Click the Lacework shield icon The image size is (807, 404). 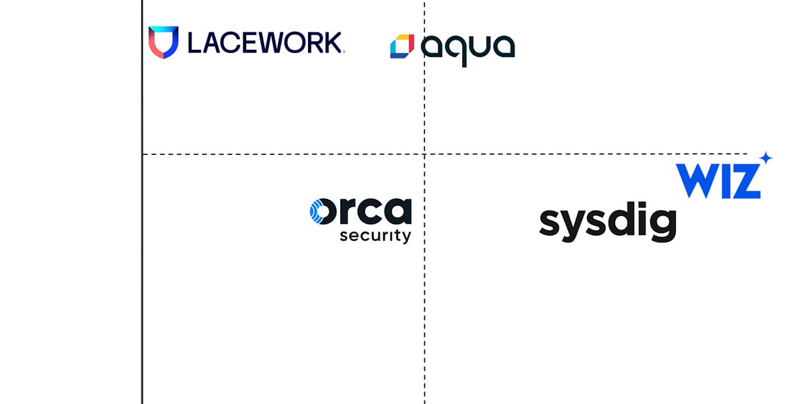tap(163, 42)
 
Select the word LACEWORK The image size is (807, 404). tap(265, 42)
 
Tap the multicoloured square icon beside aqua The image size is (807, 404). tap(401, 46)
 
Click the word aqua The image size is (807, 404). tap(468, 47)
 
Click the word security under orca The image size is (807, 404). tap(375, 236)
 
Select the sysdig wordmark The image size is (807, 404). tap(607, 223)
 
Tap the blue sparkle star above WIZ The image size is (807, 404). tap(765, 159)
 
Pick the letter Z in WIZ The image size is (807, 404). tap(747, 180)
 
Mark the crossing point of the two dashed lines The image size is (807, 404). tap(424, 154)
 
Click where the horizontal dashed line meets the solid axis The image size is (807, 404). tap(143, 154)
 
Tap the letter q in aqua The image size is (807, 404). tap(457, 50)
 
